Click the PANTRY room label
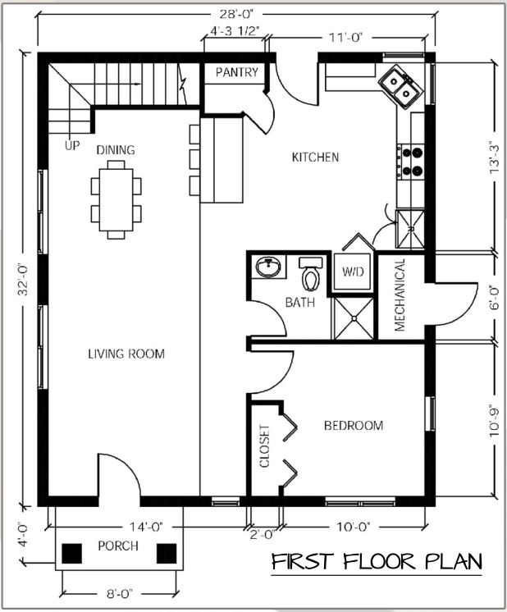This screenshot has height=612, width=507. click(237, 72)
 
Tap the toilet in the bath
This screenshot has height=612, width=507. click(311, 273)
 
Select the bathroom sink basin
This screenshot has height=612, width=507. click(268, 267)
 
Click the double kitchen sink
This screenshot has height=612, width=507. click(401, 87)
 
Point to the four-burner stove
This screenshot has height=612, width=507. click(410, 162)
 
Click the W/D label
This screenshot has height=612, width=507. click(353, 272)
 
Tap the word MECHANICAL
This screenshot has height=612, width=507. click(400, 295)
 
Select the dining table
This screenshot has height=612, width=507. click(116, 199)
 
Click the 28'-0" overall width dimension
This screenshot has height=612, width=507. click(236, 15)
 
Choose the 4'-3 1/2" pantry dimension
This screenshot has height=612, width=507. click(235, 31)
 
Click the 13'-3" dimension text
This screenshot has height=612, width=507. click(494, 158)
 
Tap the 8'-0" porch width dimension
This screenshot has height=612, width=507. click(120, 594)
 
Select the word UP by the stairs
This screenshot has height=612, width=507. click(72, 145)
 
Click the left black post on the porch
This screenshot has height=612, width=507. click(72, 554)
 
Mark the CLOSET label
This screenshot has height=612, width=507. click(265, 446)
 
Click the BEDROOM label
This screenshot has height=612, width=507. click(354, 425)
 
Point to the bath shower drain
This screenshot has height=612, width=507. click(354, 319)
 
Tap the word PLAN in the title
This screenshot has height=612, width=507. click(453, 562)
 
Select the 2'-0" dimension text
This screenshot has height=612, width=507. click(263, 534)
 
